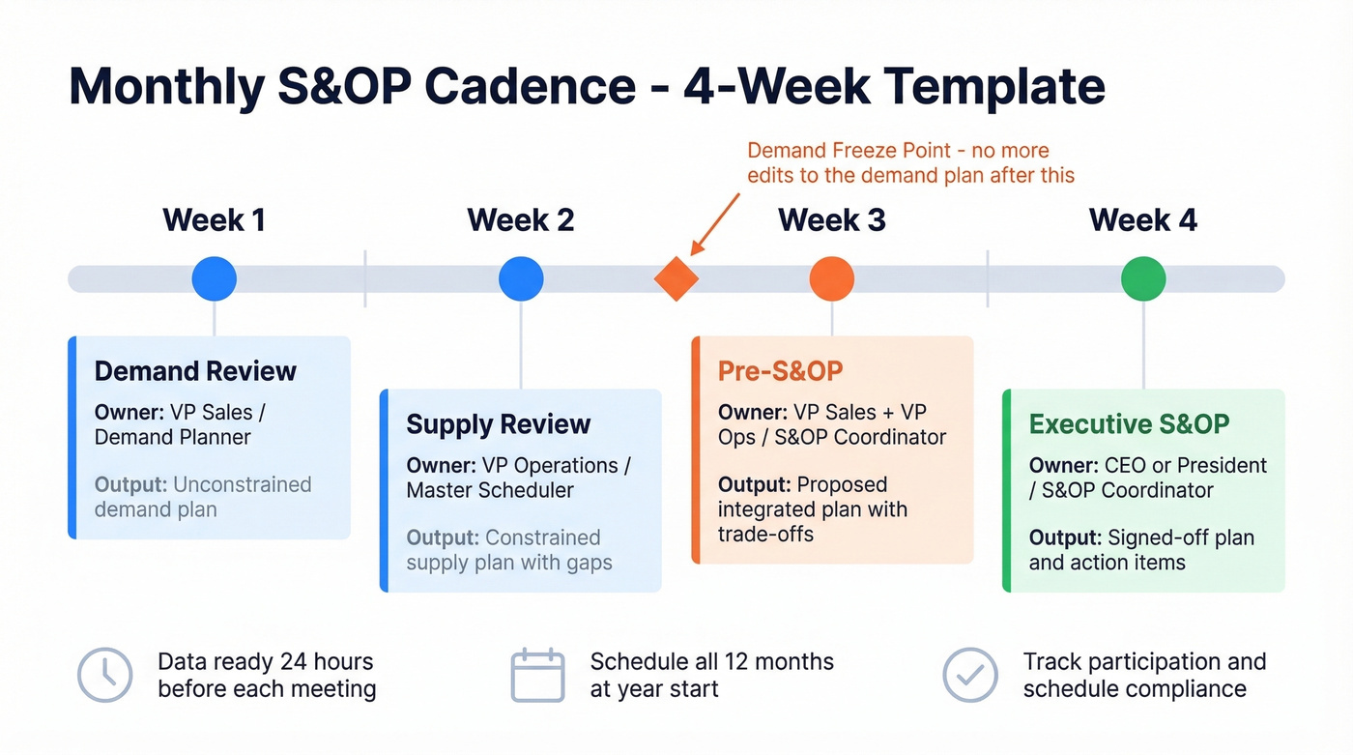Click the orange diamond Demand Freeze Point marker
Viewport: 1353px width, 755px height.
click(676, 278)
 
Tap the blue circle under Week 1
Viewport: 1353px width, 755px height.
click(214, 278)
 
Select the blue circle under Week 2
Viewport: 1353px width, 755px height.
click(521, 278)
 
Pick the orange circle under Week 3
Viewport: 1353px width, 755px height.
click(831, 278)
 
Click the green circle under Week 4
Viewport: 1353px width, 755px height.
click(1143, 278)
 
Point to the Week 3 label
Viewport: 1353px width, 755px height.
click(831, 220)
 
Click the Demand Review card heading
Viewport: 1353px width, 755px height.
click(195, 371)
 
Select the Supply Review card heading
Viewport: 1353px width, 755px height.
click(498, 424)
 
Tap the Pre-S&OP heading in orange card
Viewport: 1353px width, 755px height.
click(780, 371)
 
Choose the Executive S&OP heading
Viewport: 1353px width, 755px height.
click(1129, 424)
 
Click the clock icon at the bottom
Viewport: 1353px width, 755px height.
click(104, 675)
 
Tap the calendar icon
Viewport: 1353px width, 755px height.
click(537, 675)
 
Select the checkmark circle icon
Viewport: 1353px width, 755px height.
click(969, 675)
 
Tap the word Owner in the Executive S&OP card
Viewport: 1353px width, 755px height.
click(1061, 465)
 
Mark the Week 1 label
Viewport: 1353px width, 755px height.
click(214, 220)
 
